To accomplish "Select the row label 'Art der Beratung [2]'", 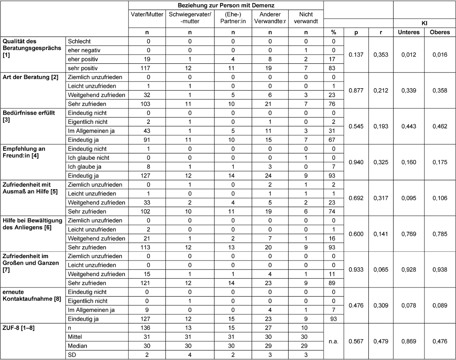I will tap(30, 77).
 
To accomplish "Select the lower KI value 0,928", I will tap(409, 270).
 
